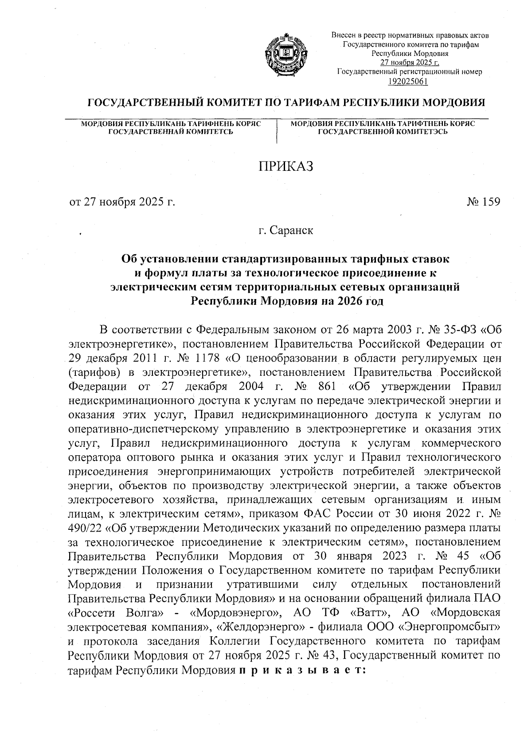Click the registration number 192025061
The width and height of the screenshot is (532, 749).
[x=408, y=80]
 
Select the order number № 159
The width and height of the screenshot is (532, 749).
[x=483, y=202]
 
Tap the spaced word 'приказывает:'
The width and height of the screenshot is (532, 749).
[x=301, y=670]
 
